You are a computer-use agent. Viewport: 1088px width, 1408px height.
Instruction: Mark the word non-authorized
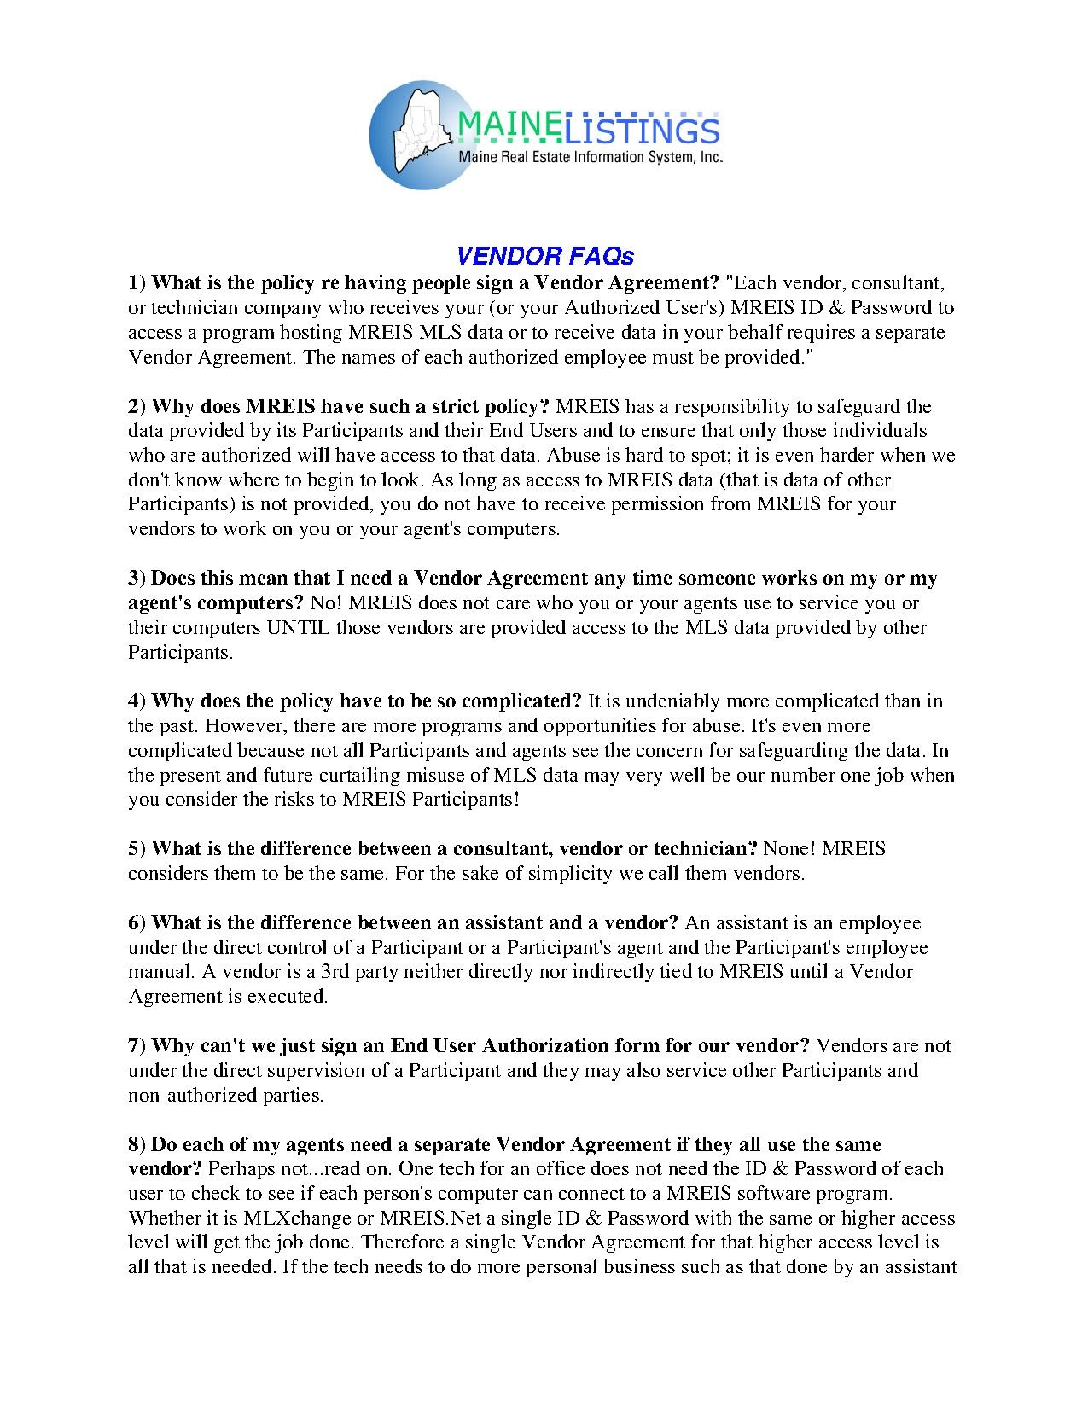point(184,1096)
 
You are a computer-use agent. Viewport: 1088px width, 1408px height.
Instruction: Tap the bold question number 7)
point(138,1046)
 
